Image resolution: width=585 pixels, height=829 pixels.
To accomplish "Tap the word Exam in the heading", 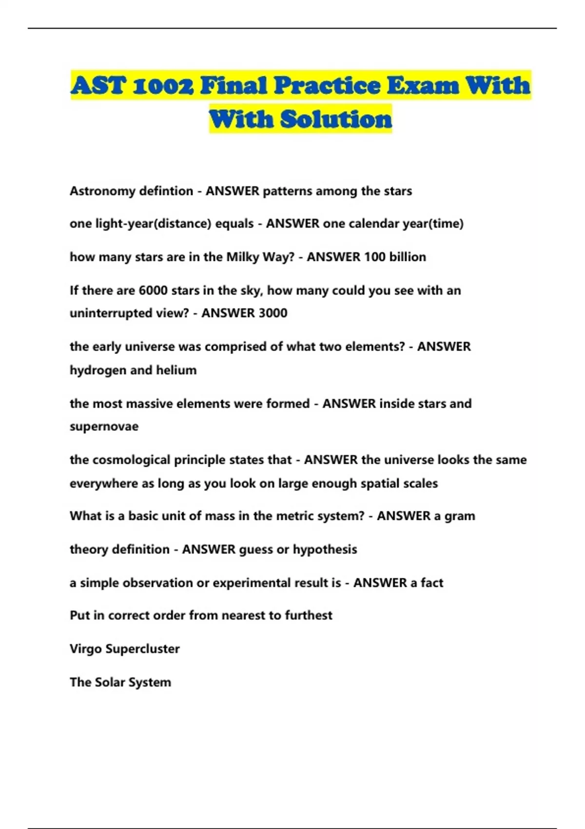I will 423,86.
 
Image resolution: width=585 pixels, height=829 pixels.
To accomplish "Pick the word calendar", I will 373,224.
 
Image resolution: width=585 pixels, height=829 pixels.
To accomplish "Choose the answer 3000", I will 269,313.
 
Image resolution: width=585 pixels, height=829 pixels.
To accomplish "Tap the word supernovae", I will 104,427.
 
